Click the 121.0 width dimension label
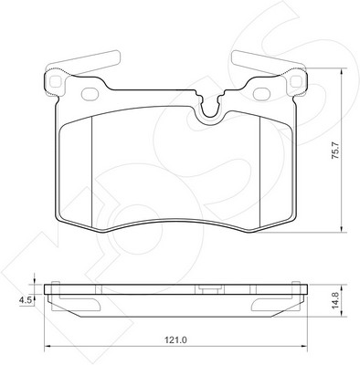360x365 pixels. pyautogui.click(x=175, y=339)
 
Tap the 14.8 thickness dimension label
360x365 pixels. pyautogui.click(x=335, y=301)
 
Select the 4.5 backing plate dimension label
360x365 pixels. pyautogui.click(x=26, y=300)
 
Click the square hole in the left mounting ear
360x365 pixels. pyautogui.click(x=55, y=81)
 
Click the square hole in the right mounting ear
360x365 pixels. pyautogui.click(x=295, y=81)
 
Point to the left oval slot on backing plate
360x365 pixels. pyautogui.click(x=90, y=92)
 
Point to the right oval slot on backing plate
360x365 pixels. pyautogui.click(x=261, y=92)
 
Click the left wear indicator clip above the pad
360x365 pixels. pyautogui.click(x=83, y=62)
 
